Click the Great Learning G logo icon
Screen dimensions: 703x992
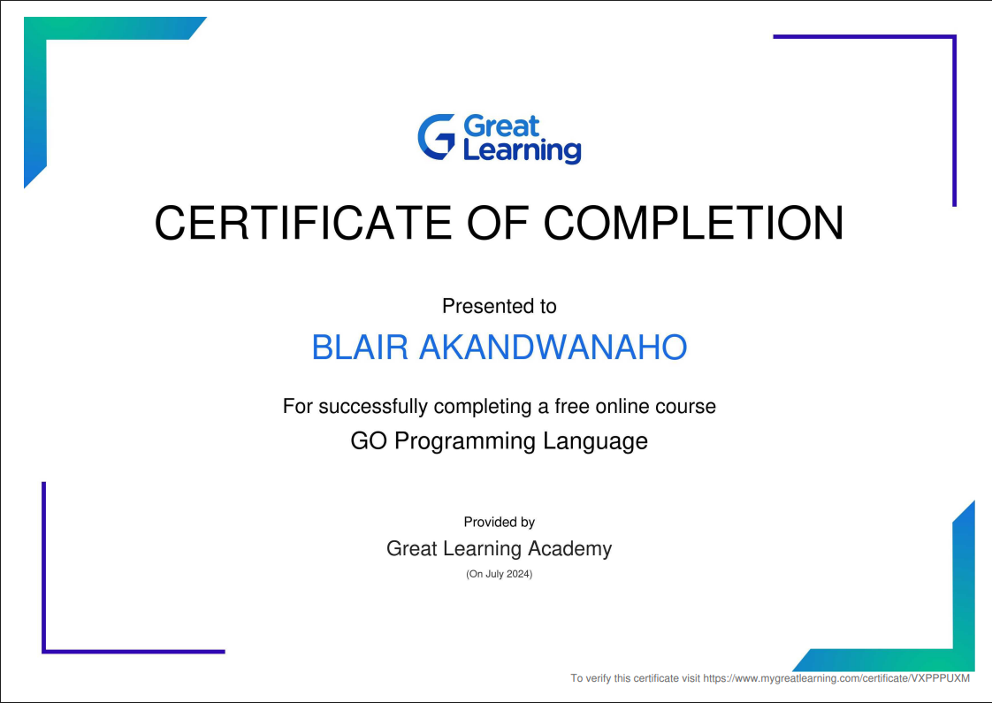pyautogui.click(x=437, y=137)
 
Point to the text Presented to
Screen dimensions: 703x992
pyautogui.click(x=499, y=307)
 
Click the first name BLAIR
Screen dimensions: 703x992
pyautogui.click(x=360, y=348)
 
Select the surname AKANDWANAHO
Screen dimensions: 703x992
pyautogui.click(x=553, y=348)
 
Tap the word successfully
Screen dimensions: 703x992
pyautogui.click(x=373, y=407)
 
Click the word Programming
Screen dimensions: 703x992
pyautogui.click(x=465, y=441)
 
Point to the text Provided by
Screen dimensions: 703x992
pyautogui.click(x=499, y=523)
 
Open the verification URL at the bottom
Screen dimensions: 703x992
pyautogui.click(x=836, y=678)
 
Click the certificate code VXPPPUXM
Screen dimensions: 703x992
pyautogui.click(x=940, y=678)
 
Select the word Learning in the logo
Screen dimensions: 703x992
pyautogui.click(x=522, y=150)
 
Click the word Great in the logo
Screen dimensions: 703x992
pyautogui.click(x=501, y=126)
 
